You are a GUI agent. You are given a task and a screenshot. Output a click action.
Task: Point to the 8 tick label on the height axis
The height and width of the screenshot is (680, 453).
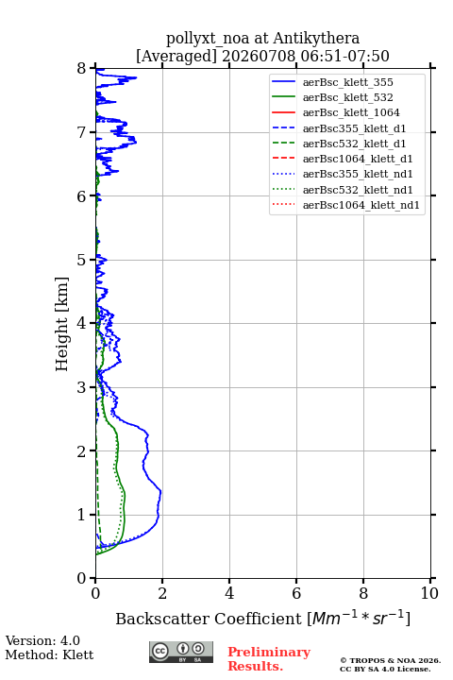click(82, 69)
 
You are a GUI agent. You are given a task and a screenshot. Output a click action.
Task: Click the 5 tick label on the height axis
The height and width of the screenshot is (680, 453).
click(82, 260)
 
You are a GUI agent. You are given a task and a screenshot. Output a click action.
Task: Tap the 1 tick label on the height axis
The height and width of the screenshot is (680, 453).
click(82, 515)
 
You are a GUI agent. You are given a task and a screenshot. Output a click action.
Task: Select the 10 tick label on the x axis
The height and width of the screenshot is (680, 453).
click(429, 593)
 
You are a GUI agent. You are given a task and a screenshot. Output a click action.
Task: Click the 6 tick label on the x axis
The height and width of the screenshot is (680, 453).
click(296, 593)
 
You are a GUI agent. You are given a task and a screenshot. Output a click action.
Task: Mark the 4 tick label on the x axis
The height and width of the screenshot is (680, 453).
click(229, 593)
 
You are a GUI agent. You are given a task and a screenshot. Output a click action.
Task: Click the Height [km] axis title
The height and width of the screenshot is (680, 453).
click(62, 324)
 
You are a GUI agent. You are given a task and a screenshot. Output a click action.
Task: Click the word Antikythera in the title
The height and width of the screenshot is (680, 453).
click(316, 39)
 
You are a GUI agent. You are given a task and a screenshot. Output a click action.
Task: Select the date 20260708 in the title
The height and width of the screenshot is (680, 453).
click(259, 56)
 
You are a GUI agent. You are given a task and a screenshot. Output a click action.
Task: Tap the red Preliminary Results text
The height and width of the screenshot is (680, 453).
click(269, 659)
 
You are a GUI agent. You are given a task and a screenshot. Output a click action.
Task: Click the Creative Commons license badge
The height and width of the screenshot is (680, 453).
click(181, 652)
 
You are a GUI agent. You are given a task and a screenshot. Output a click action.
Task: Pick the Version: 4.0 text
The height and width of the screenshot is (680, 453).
click(42, 640)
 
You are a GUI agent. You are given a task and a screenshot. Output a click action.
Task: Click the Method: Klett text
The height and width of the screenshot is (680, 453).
click(49, 654)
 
